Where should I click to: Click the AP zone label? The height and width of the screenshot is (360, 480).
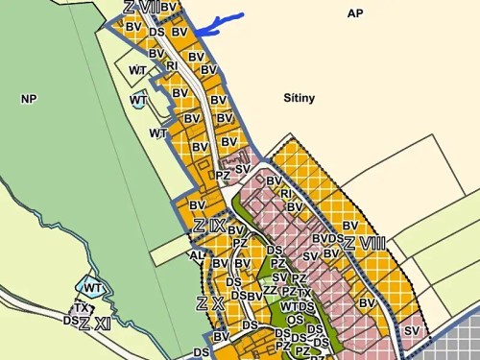(x=355, y=13)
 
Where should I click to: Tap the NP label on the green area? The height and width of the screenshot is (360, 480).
(x=27, y=98)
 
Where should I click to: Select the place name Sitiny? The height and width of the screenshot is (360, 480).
(x=300, y=98)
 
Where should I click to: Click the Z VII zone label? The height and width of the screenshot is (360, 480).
(x=140, y=8)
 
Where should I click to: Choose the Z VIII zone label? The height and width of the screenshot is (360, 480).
(x=365, y=242)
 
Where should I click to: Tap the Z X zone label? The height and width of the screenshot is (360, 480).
(x=209, y=304)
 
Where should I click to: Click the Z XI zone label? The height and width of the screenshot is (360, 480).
(x=95, y=324)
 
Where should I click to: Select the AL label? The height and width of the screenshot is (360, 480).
(x=197, y=256)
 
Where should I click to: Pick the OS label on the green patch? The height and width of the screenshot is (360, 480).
(x=295, y=320)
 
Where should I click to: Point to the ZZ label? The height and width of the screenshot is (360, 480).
(x=270, y=290)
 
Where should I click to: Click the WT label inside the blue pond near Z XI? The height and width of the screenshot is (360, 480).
(x=93, y=288)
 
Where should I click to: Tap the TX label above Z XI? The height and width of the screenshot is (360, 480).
(x=83, y=308)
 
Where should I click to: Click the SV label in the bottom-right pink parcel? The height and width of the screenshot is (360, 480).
(x=412, y=331)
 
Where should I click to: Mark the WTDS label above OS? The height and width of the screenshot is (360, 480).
(x=298, y=306)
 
